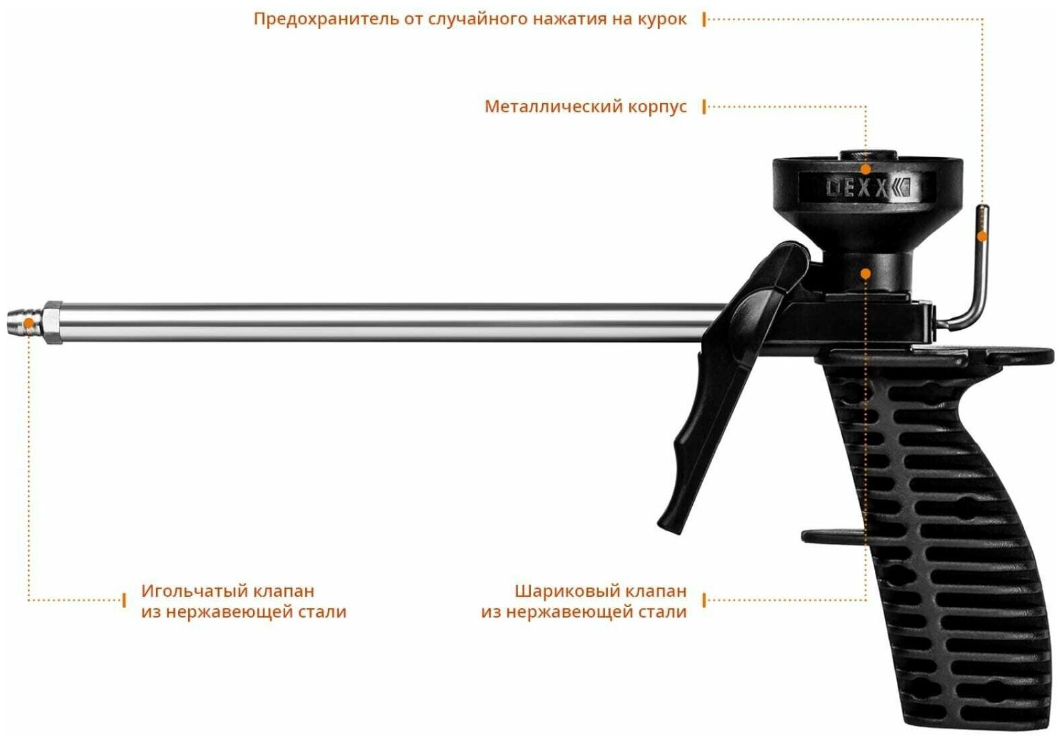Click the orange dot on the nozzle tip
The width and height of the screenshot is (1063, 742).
[x=29, y=324]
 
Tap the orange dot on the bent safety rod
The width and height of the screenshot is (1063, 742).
[x=982, y=236]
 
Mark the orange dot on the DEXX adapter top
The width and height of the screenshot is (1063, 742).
[x=866, y=169]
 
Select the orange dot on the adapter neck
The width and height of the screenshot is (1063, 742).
[x=866, y=274]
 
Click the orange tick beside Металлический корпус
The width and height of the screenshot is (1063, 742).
[x=704, y=107]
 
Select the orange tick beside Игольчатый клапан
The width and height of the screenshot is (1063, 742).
[x=125, y=600]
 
